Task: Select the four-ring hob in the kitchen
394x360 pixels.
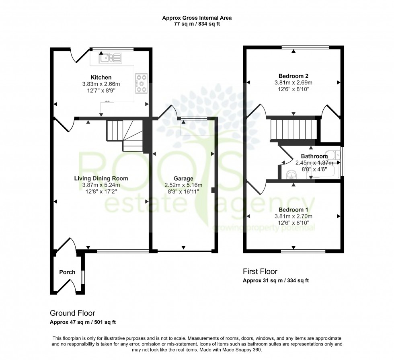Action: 142,83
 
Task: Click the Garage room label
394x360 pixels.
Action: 183,179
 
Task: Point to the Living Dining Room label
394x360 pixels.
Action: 101,178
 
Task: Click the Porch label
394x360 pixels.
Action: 67,272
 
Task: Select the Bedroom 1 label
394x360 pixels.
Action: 293,210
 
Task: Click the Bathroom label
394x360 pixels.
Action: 314,156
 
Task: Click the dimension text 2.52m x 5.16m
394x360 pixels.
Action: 183,185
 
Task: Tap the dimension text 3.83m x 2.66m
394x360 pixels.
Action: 101,84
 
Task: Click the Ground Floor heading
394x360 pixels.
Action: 72,313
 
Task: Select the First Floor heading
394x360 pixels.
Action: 260,272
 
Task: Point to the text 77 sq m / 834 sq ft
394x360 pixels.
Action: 197,24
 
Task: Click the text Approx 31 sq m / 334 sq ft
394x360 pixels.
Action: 276,281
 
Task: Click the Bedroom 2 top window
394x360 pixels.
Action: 305,48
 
